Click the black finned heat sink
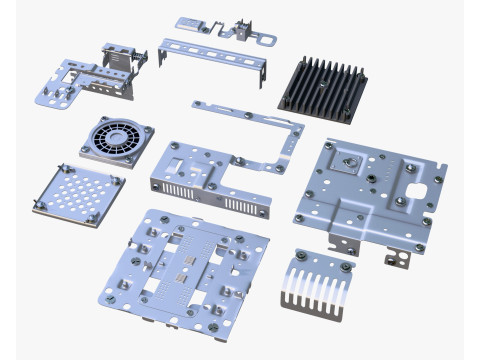pos(326,86)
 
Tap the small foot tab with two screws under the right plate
pos(398,259)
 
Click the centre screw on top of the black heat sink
pos(324,84)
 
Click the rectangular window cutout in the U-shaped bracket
pos(180,159)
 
